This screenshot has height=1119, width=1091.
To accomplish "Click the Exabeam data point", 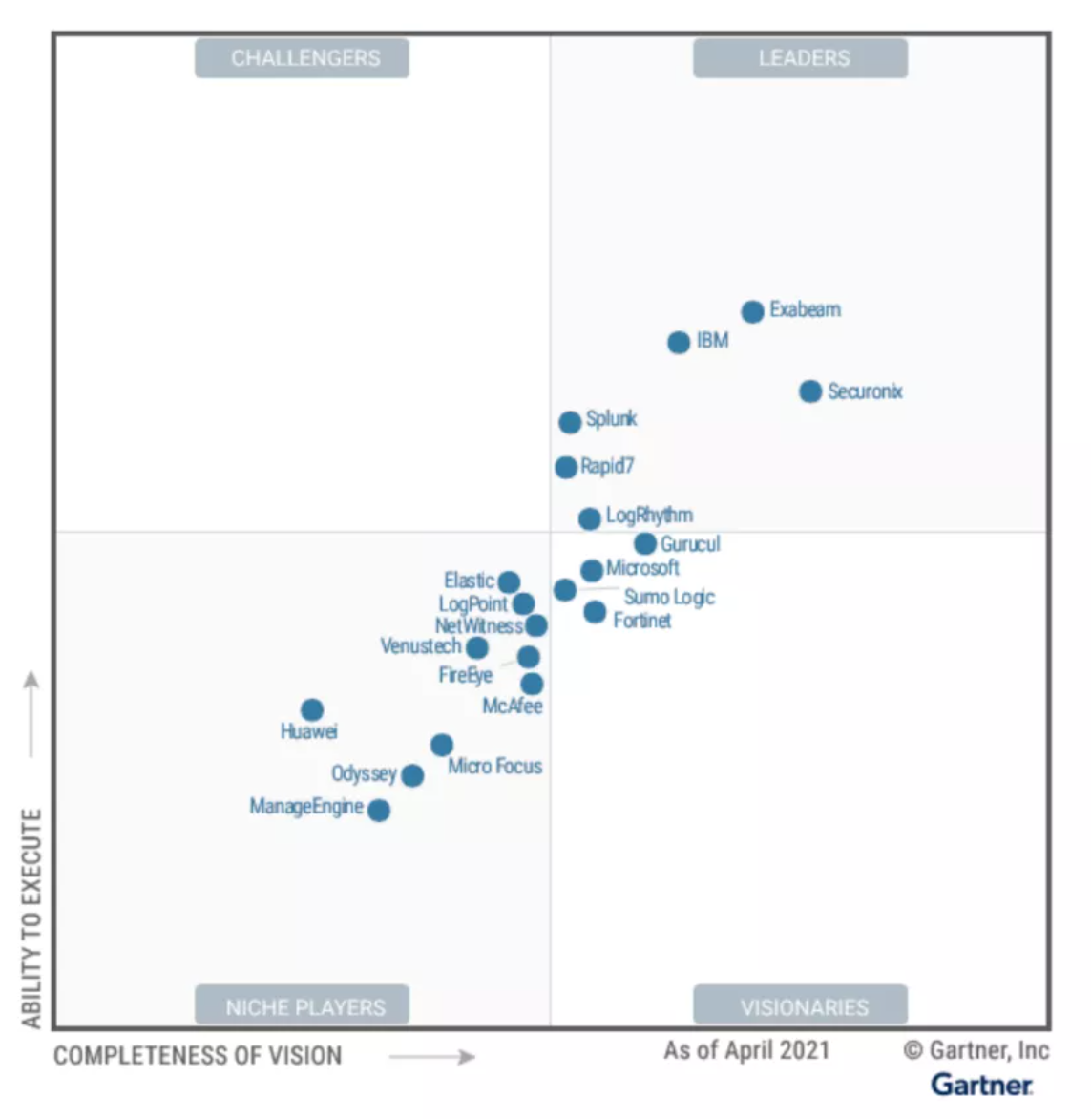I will click(x=752, y=311).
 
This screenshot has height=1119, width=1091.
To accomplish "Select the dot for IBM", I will click(x=679, y=342).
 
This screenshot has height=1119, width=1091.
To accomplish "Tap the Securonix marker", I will click(x=810, y=391).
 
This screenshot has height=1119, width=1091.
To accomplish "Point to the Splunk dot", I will click(x=570, y=422).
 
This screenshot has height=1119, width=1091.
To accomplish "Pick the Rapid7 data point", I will click(x=566, y=467).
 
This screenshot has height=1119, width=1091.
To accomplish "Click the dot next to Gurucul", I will click(x=645, y=543).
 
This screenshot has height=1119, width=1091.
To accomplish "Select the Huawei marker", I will click(x=312, y=709).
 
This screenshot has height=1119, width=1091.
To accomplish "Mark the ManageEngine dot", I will click(x=379, y=811).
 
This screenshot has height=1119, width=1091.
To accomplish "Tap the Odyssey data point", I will click(x=412, y=775).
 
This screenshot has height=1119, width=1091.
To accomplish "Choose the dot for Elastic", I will click(x=509, y=581).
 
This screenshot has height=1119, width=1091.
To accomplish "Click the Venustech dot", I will click(x=477, y=648).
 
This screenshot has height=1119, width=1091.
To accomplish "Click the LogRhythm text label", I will click(x=649, y=516).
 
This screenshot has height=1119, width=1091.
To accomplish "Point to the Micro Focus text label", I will click(x=494, y=766).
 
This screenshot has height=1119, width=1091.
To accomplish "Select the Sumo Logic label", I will click(x=669, y=598).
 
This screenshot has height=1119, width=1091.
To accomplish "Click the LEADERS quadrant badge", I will click(x=800, y=58).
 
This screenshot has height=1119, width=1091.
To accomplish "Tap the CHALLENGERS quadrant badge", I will click(x=303, y=58).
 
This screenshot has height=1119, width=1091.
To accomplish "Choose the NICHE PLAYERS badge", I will click(x=303, y=1006).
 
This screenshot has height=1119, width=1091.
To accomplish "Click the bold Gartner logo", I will click(x=981, y=1085).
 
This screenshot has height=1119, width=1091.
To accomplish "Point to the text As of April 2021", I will click(x=746, y=1050).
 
